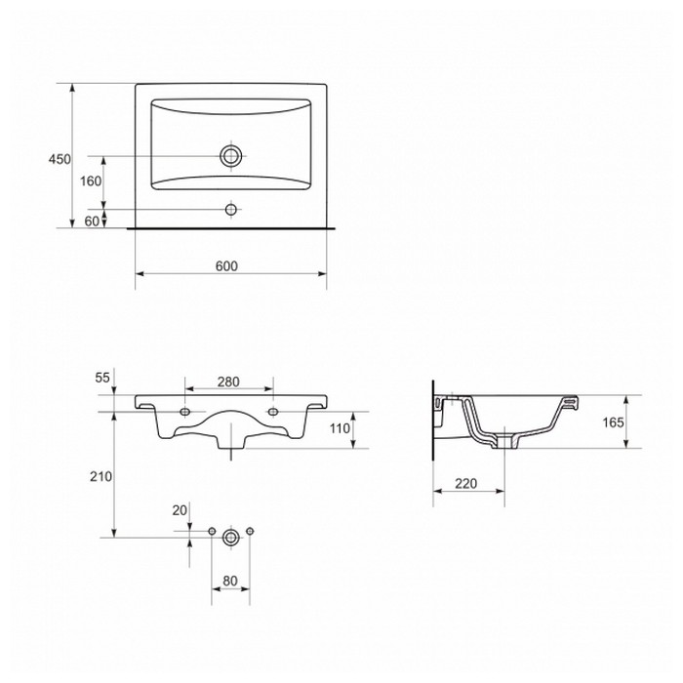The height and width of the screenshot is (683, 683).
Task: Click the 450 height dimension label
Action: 60,159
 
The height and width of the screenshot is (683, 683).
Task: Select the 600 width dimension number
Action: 227,265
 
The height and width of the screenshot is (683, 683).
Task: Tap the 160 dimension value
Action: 91,181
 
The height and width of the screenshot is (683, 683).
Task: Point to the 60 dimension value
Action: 92,221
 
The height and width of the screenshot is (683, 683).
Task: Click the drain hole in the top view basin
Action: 231,155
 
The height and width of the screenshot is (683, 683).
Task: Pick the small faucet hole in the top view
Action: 231,210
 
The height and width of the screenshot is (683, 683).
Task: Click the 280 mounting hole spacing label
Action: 228,382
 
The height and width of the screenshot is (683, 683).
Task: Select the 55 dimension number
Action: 102,378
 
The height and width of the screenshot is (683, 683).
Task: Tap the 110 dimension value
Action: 340,428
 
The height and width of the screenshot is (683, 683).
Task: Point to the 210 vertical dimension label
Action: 101,476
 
